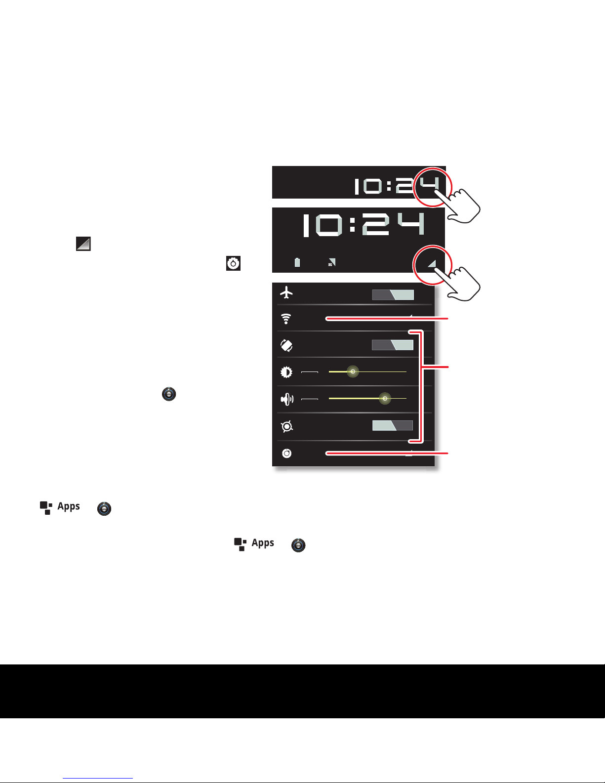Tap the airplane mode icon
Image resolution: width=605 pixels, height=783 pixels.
286,293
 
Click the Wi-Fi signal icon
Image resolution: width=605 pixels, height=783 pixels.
286,319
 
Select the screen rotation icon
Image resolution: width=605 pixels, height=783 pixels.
286,345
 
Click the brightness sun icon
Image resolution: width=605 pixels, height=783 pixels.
286,371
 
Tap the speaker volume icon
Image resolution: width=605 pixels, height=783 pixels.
287,399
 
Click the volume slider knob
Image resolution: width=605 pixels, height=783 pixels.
385,398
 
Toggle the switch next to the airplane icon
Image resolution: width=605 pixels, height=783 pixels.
393,295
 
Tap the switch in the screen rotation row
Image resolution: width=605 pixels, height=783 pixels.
393,345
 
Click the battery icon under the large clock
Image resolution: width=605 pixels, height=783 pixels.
297,262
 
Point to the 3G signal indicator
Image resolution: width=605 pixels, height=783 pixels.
332,262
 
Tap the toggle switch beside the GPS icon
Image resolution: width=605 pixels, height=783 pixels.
393,425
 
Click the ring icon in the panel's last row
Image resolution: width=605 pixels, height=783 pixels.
286,453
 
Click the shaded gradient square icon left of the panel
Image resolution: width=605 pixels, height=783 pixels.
83,244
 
